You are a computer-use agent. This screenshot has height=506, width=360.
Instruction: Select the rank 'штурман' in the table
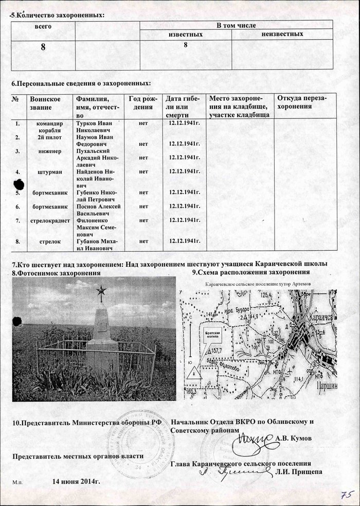[x=49, y=171]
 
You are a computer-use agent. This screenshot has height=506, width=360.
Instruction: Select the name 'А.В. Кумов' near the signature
[x=293, y=439]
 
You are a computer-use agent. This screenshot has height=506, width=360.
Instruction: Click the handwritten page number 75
[x=345, y=494]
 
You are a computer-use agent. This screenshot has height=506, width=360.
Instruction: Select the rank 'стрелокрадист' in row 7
[x=49, y=220]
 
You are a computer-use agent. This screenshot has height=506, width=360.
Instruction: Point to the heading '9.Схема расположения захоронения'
[x=250, y=272]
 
